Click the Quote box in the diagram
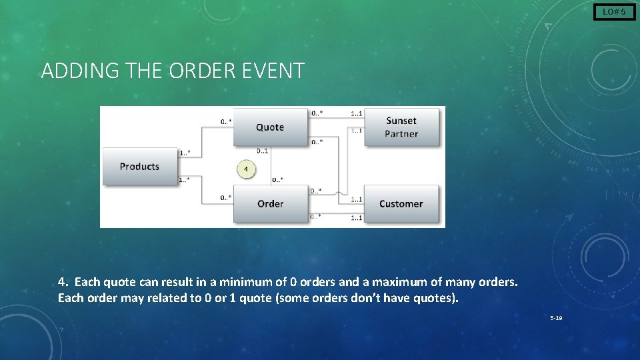click(269, 127)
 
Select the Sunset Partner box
click(401, 127)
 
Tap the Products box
click(139, 166)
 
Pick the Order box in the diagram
click(270, 203)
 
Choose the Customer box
click(401, 203)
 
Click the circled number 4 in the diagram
click(246, 169)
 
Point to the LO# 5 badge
click(614, 11)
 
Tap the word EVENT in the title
click(275, 70)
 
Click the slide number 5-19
click(556, 318)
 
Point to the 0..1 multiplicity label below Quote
click(263, 151)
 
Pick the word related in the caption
click(165, 298)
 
